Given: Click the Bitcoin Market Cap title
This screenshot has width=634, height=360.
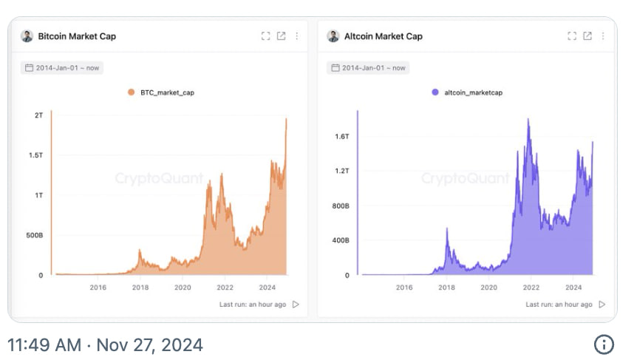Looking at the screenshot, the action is pos(77,36).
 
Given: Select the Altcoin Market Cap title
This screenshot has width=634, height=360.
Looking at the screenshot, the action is pos(384,36).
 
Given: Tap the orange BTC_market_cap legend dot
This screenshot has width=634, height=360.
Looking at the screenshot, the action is pos(131,92).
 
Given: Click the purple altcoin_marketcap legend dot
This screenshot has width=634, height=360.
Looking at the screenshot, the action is pos(435,92).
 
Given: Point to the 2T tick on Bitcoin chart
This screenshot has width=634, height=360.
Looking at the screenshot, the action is pos(39,115).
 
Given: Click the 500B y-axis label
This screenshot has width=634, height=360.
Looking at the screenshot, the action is pos(35,235).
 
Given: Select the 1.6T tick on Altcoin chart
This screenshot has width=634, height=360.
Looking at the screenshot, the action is pos(342,137).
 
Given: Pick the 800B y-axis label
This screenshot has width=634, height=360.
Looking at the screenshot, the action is pos(341,206).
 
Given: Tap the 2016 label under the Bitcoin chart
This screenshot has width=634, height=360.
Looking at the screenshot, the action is pos(98,288).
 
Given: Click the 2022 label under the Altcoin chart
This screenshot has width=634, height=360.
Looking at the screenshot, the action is pos(531,288).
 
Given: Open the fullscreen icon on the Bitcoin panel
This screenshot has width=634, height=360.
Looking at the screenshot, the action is pos(266,36).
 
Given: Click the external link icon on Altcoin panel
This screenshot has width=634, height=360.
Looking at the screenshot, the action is pos(587,36).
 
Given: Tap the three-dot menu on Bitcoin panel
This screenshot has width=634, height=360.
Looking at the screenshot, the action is pos(297,36).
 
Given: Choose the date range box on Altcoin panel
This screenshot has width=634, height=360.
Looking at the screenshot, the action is pos(368,67).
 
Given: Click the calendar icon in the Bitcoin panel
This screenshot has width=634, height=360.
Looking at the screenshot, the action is pos(29,67).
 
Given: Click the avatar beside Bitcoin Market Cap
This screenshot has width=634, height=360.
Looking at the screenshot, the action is pos(27,36).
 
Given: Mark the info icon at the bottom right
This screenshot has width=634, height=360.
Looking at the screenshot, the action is pos(604,344).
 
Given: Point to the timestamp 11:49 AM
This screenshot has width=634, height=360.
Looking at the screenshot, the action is pos(44,345).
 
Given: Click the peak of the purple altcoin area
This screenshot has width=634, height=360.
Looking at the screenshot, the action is pos(528,119).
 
